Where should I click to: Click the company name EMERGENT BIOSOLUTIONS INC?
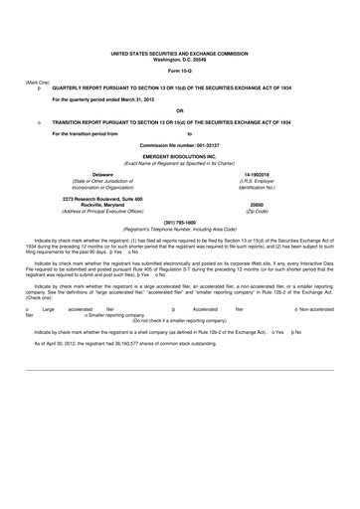(180, 157)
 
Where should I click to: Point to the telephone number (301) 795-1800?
(180, 222)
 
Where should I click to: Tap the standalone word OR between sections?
(179, 110)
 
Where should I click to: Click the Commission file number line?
(179, 145)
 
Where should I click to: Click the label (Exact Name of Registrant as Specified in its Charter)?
(180, 163)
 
